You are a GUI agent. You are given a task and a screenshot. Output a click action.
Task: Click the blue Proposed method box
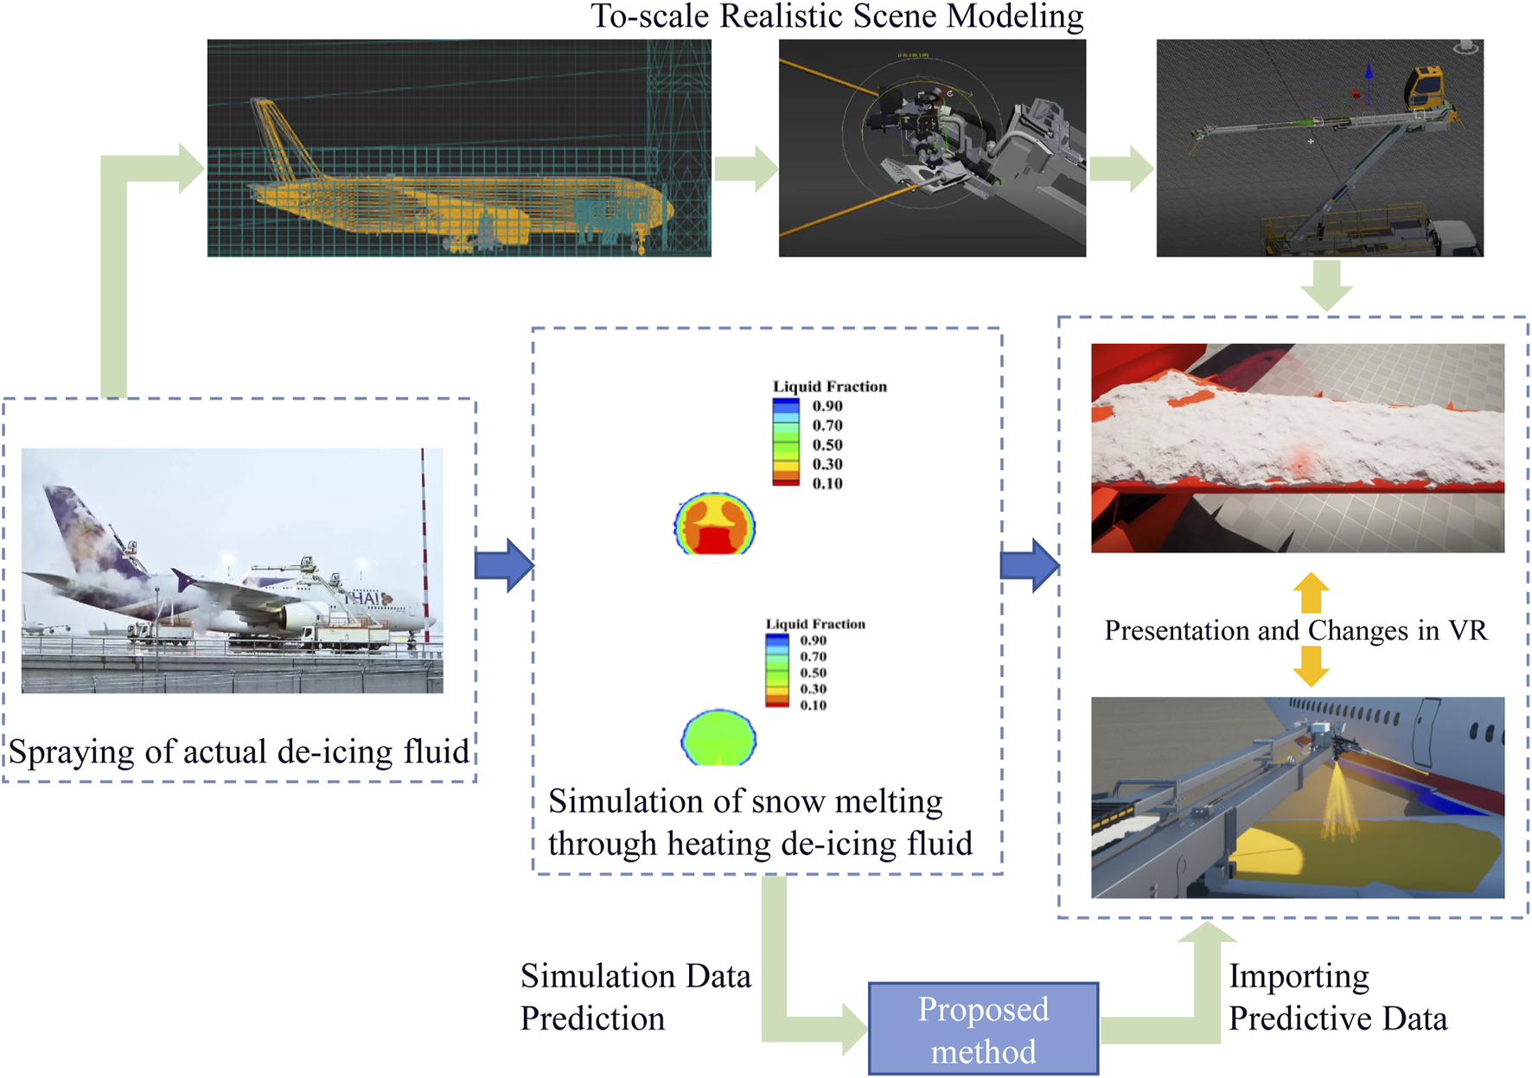pyautogui.click(x=983, y=1029)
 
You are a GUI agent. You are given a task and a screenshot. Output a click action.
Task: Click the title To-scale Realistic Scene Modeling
pyautogui.click(x=836, y=16)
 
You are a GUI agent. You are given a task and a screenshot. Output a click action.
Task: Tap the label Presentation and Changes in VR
pyautogui.click(x=1296, y=630)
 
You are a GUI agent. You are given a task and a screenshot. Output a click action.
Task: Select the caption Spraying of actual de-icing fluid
pyautogui.click(x=239, y=751)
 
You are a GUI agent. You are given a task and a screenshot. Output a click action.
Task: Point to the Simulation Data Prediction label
pyautogui.click(x=635, y=997)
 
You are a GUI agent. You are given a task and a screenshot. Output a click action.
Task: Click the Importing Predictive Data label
pyautogui.click(x=1337, y=997)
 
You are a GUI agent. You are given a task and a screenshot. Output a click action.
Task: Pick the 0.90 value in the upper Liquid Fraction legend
pyautogui.click(x=827, y=406)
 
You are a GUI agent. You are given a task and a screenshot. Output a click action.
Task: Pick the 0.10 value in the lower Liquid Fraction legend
pyautogui.click(x=813, y=705)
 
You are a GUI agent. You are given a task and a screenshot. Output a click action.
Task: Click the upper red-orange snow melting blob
pyautogui.click(x=715, y=524)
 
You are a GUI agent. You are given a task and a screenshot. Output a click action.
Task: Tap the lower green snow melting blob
pyautogui.click(x=718, y=737)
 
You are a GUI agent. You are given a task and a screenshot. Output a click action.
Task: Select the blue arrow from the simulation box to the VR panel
pyautogui.click(x=1029, y=565)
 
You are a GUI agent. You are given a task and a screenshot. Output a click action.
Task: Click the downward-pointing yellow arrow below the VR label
pyautogui.click(x=1311, y=667)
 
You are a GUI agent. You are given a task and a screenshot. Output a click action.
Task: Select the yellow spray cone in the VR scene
pyautogui.click(x=1337, y=800)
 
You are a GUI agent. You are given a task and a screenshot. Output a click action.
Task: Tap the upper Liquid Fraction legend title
pyautogui.click(x=829, y=386)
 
